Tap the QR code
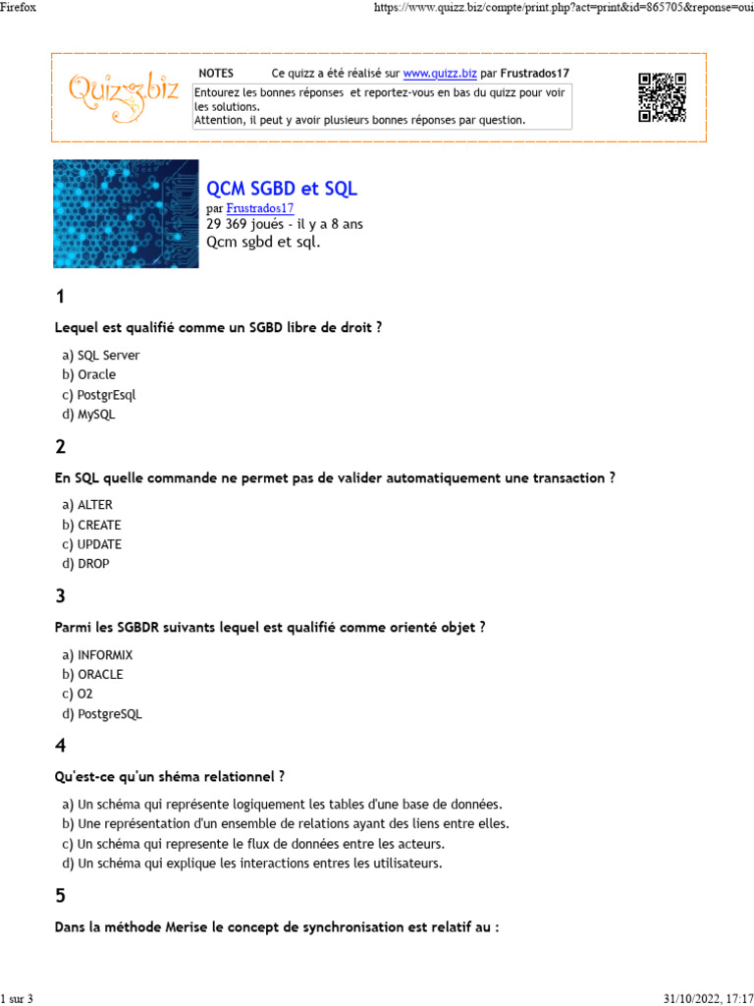(x=662, y=97)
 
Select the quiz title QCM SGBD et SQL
(x=282, y=188)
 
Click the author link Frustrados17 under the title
(x=260, y=208)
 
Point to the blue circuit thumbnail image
(x=126, y=214)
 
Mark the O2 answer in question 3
(x=85, y=694)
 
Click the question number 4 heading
(x=61, y=746)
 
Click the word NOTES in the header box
(x=216, y=74)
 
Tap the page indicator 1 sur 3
(x=17, y=999)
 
